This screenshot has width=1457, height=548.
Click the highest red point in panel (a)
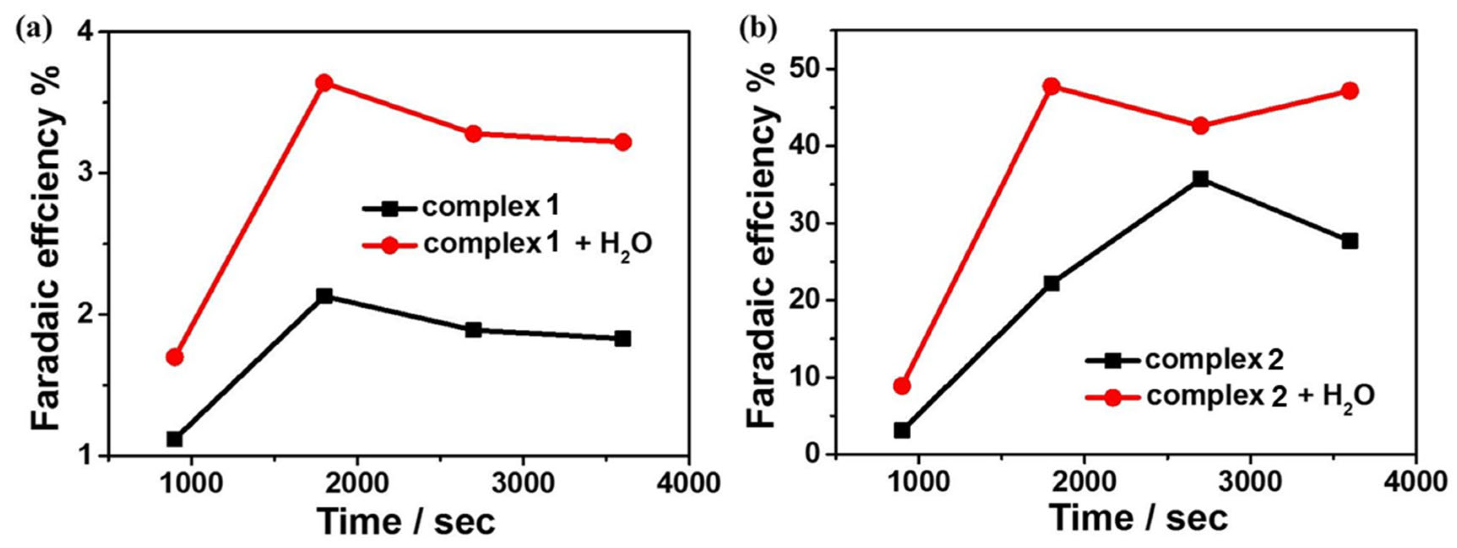pos(324,83)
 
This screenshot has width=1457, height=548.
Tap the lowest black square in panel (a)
pos(175,438)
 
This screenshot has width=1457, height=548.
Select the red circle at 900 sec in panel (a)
pos(175,357)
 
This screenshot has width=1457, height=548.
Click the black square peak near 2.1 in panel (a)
pos(324,295)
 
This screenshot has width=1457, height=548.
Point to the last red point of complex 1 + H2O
pos(623,142)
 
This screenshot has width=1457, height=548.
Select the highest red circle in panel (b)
pos(1051,87)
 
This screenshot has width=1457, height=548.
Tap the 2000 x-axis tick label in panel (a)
pos(357,484)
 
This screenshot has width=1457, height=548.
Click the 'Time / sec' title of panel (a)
pos(406,521)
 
